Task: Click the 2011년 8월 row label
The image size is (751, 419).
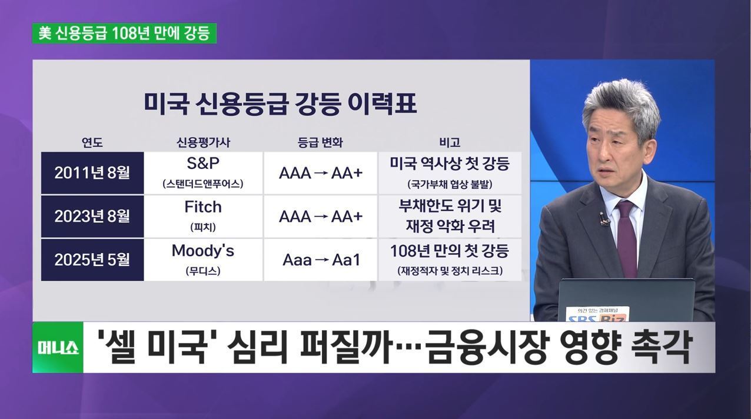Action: [x=92, y=173]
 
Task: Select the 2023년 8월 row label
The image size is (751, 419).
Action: [x=92, y=216]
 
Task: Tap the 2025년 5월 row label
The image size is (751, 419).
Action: [x=92, y=260]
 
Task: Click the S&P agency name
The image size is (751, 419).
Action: [x=203, y=163]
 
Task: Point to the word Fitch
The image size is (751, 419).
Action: [x=203, y=207]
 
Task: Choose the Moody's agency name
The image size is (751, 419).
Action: [x=203, y=250]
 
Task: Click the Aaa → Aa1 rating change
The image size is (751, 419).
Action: [x=321, y=260]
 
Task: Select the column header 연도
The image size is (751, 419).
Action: [x=92, y=143]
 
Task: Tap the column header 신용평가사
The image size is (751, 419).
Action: [x=203, y=143]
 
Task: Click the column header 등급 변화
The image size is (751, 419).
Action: [x=320, y=143]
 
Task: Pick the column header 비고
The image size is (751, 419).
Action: [x=450, y=143]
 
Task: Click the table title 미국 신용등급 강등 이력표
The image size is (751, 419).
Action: [x=280, y=104]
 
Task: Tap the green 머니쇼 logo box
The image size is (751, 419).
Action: [x=58, y=347]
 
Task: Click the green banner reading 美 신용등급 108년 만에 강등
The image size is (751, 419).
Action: [x=124, y=33]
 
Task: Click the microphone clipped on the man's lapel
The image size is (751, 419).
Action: [x=604, y=218]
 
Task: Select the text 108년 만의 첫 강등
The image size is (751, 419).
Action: [x=450, y=251]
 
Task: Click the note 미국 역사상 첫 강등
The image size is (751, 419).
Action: [x=450, y=164]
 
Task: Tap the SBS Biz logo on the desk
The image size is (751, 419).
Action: [x=597, y=315]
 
